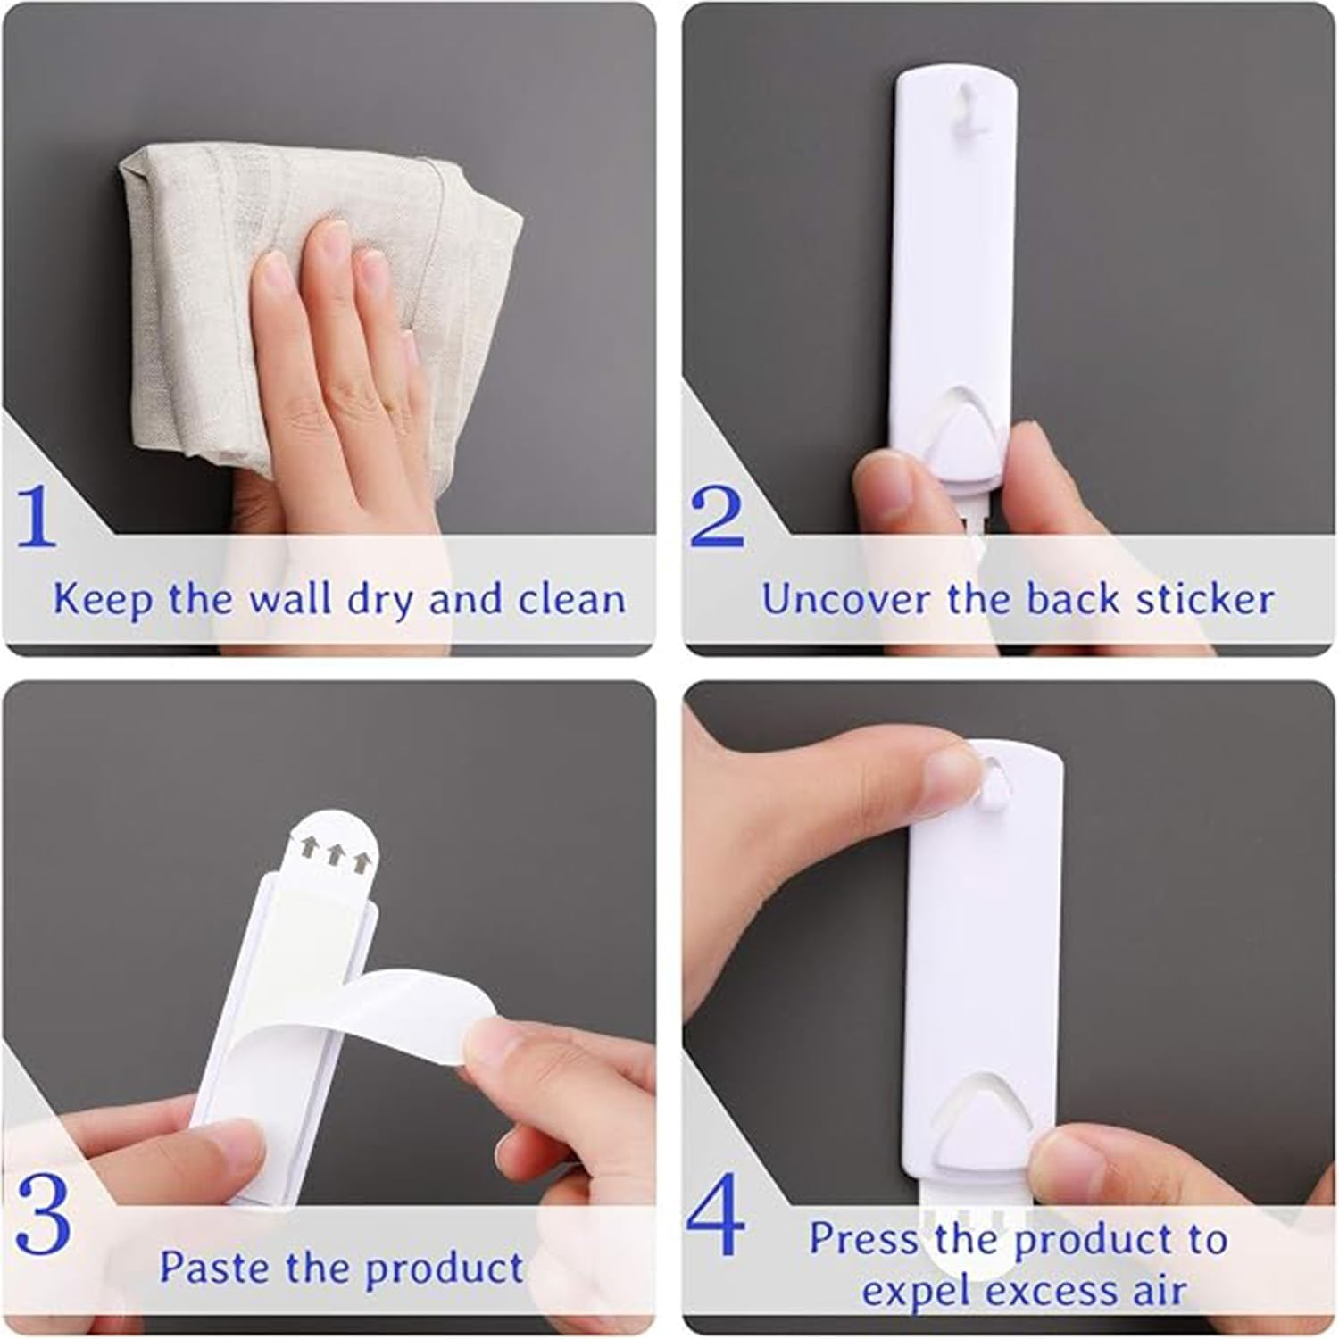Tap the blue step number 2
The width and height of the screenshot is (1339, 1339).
[x=716, y=517]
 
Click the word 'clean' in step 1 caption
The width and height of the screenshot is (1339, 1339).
[x=572, y=598]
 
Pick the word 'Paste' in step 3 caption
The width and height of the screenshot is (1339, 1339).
[x=215, y=1268]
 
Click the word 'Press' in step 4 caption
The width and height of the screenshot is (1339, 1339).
[x=864, y=1239]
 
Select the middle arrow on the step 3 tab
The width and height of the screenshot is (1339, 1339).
[x=335, y=855]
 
